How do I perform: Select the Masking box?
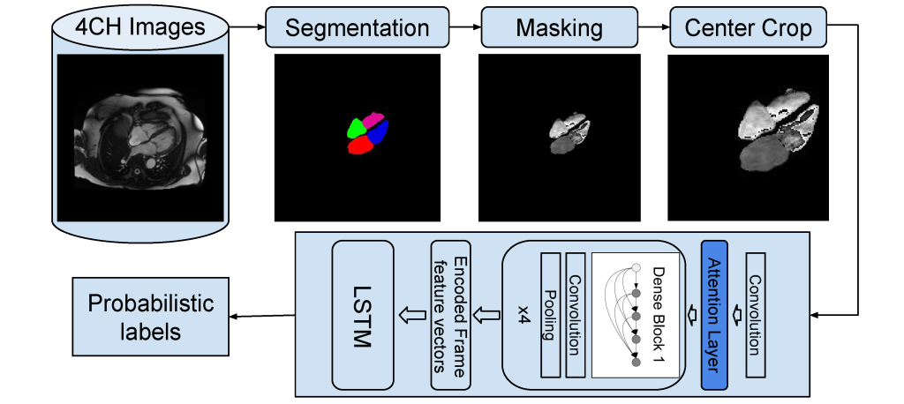(559, 27)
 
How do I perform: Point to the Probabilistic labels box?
(149, 317)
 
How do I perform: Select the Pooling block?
(549, 315)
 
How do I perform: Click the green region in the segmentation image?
(357, 128)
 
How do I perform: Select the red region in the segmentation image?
(363, 146)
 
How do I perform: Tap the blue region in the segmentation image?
(380, 133)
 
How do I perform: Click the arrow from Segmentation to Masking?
(459, 28)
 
